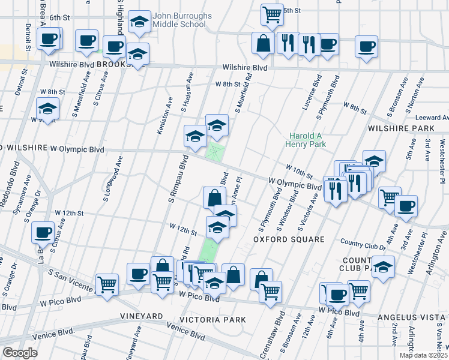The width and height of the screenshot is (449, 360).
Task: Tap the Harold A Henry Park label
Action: coord(307,140)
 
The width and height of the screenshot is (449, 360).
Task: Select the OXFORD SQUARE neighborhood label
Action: coord(288,239)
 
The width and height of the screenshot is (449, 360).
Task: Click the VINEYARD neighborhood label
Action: coord(142,316)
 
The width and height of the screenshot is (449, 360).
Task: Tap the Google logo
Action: coord(20,353)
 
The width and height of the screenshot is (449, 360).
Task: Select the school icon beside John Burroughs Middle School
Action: coord(139,23)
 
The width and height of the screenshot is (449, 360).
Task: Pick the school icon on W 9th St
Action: coord(47,110)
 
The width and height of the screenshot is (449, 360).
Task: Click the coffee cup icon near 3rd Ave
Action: coord(406,205)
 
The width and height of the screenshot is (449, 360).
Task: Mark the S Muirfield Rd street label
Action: coord(243,95)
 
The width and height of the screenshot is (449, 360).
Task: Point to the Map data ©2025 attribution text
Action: coord(423,355)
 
